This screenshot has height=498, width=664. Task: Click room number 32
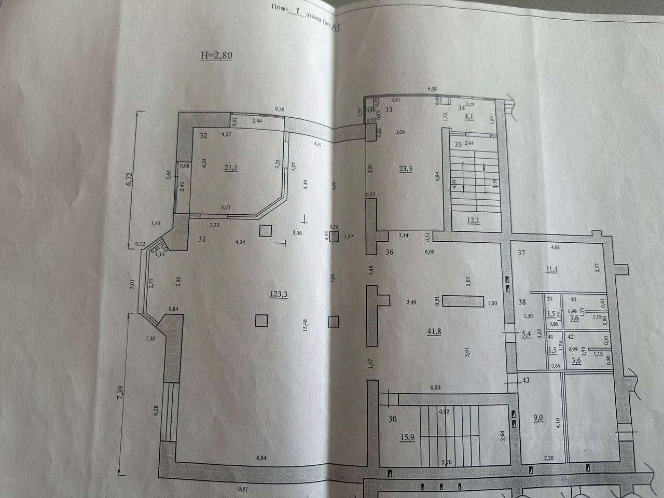[x=203, y=136]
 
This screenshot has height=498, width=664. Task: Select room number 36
[x=390, y=253]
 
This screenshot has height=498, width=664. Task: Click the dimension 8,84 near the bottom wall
[x=262, y=457]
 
